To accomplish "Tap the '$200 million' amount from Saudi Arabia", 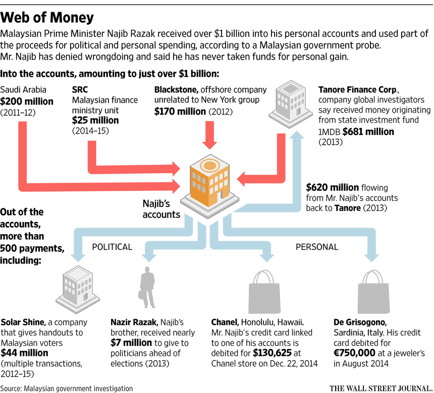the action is [27, 102].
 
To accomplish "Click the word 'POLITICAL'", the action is [112, 247].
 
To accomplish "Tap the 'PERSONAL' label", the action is [316, 247].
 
